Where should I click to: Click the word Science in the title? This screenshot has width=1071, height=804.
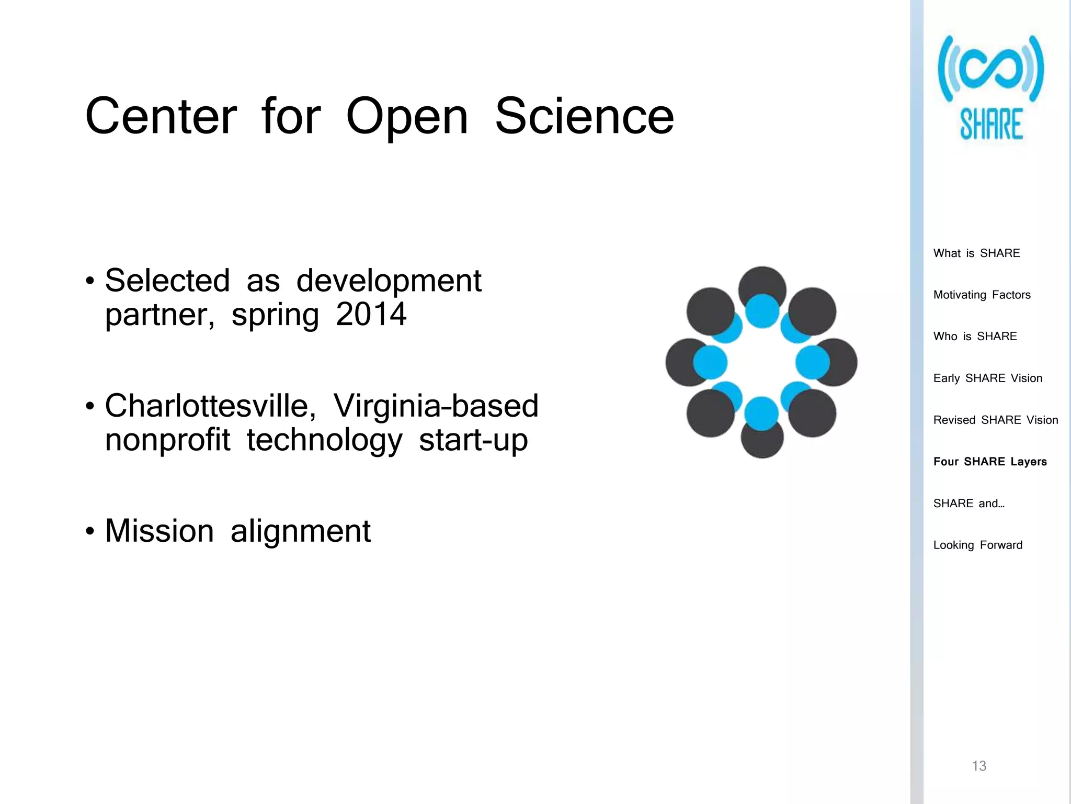(x=584, y=116)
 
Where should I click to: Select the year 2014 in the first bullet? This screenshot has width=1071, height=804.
(x=371, y=314)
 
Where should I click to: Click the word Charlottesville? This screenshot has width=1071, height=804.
(x=210, y=406)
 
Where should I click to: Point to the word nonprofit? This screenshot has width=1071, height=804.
(x=167, y=440)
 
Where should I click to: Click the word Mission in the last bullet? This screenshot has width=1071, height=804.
(x=159, y=531)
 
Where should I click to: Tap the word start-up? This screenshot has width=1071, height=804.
(x=473, y=440)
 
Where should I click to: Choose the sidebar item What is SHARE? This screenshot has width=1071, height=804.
(x=976, y=253)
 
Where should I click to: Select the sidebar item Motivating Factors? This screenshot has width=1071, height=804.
(x=982, y=295)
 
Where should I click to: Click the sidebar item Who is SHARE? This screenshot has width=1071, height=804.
(x=975, y=337)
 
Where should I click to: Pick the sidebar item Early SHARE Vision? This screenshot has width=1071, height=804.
(x=987, y=378)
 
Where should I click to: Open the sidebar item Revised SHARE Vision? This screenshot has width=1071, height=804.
(x=995, y=420)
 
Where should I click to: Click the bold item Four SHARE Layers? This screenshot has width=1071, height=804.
(x=989, y=462)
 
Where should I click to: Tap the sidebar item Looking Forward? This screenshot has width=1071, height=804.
(x=977, y=545)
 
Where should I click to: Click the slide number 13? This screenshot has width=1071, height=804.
(x=978, y=766)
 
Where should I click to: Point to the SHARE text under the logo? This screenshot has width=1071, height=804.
(x=991, y=125)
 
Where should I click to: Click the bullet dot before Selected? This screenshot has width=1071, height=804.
(x=90, y=281)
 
